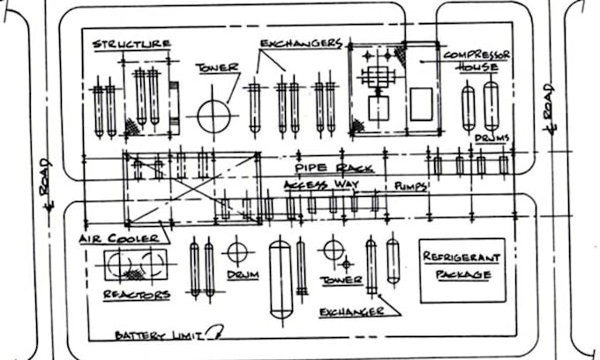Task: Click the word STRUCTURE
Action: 131,44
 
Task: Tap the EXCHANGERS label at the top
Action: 301,42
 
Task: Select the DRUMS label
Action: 491,139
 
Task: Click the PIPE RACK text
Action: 334,168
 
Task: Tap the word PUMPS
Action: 410,186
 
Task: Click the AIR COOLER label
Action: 118,238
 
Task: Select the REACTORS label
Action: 136,294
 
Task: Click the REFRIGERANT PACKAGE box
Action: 461,270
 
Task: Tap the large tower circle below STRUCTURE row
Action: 214,116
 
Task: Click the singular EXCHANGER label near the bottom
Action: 351,312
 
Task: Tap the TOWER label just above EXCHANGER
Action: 341,280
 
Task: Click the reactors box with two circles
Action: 133,265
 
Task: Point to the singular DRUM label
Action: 242,276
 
